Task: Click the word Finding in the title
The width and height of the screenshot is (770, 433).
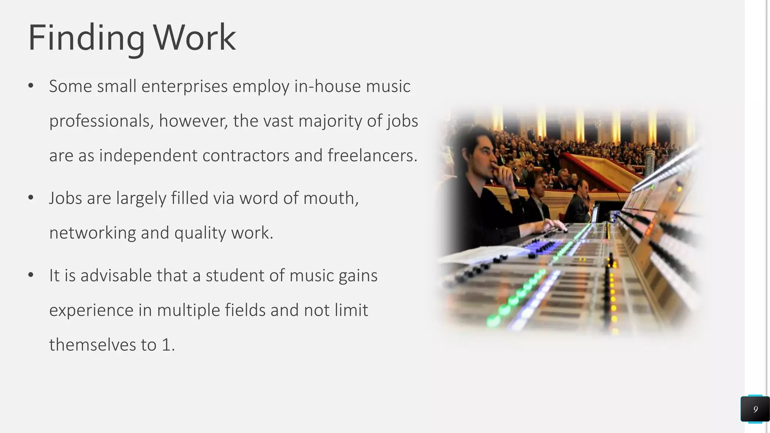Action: (x=86, y=38)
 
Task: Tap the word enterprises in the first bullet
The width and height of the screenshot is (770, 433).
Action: (x=184, y=86)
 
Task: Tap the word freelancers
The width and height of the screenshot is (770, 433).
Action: (x=372, y=156)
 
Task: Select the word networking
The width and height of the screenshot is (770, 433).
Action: (x=92, y=233)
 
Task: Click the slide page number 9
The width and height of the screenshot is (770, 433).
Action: (x=755, y=409)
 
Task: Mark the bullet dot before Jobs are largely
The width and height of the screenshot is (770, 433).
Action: (x=31, y=198)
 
